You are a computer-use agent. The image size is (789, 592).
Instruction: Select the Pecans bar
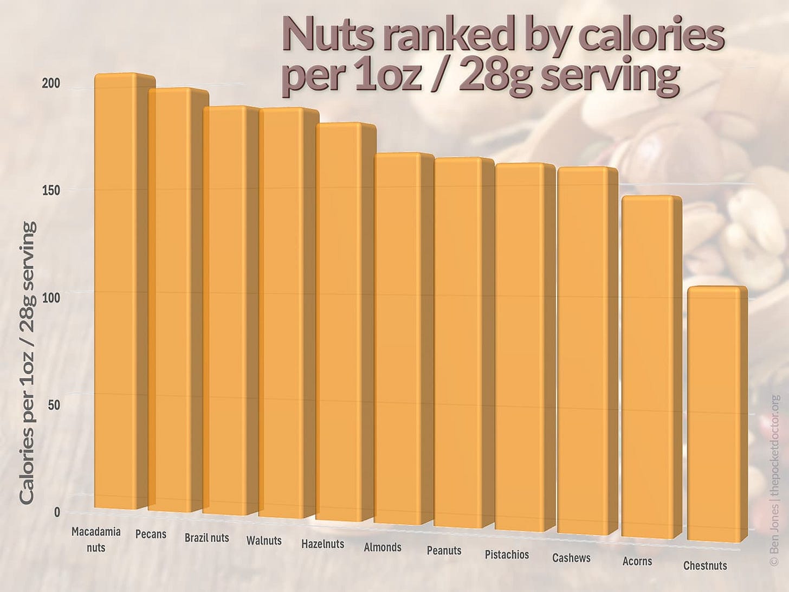pyautogui.click(x=170, y=301)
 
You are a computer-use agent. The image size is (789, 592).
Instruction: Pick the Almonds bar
pyautogui.click(x=397, y=339)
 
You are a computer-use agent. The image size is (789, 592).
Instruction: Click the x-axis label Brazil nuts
pyautogui.click(x=206, y=538)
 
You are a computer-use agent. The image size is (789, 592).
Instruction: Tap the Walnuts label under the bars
pyautogui.click(x=264, y=540)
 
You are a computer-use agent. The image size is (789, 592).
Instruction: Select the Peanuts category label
pyautogui.click(x=444, y=551)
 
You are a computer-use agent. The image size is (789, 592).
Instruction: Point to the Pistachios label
pyautogui.click(x=507, y=555)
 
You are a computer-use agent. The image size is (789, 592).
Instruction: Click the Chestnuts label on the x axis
pyautogui.click(x=705, y=566)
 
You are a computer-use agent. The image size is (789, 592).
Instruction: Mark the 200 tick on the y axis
pyautogui.click(x=52, y=84)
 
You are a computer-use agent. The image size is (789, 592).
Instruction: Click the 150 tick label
pyautogui.click(x=52, y=190)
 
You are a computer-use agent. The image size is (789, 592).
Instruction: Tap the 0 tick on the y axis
pyautogui.click(x=57, y=512)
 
